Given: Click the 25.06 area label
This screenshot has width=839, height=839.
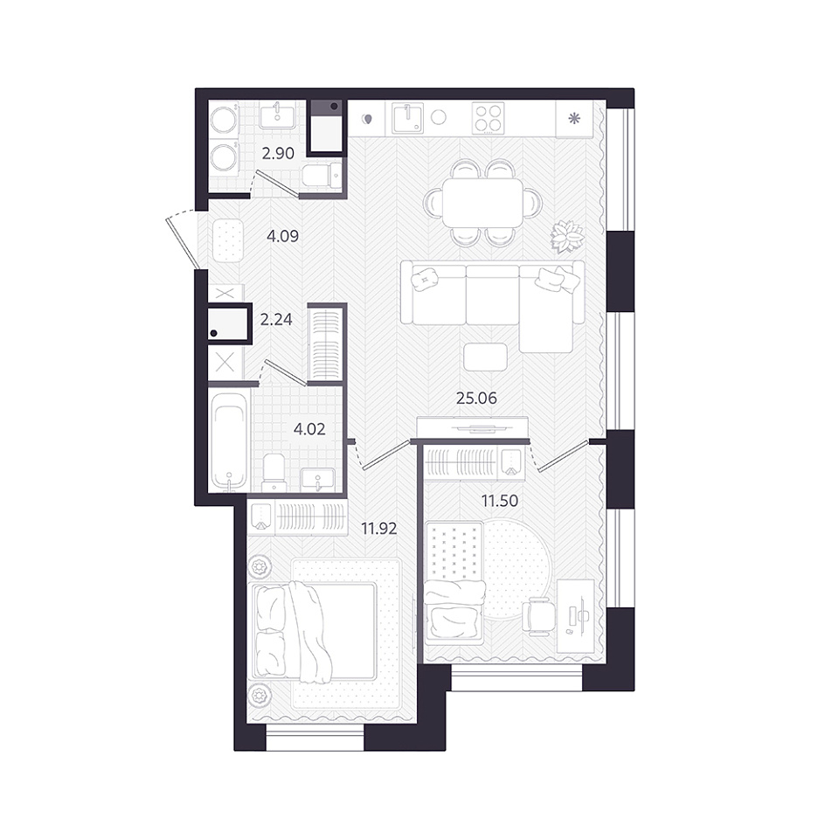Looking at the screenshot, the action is [x=476, y=399].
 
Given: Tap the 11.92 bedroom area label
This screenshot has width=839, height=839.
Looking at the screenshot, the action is [x=378, y=529].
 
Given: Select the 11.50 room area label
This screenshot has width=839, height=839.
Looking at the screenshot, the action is [x=500, y=501].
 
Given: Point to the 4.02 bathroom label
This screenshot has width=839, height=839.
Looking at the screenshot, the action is [x=309, y=428].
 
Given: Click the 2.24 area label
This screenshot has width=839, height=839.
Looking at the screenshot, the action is [x=276, y=320].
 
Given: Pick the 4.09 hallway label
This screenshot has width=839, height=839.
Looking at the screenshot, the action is [x=282, y=235].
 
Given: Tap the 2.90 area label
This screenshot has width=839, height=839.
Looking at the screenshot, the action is [x=278, y=153].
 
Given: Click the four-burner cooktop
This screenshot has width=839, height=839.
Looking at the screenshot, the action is [x=488, y=118].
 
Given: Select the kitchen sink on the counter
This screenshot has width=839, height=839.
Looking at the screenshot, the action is [x=407, y=118].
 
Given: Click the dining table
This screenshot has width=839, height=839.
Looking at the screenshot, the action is [x=482, y=203].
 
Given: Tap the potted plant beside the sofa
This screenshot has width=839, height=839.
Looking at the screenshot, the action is [x=567, y=237].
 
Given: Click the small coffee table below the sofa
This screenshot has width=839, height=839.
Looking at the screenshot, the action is [x=485, y=357].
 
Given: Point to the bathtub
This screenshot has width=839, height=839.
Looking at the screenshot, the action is [x=228, y=440].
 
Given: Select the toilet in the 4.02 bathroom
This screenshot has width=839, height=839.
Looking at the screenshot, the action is [x=275, y=472].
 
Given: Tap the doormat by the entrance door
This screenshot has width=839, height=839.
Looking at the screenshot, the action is [x=228, y=240].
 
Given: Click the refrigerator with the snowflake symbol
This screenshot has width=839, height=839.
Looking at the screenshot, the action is [x=574, y=118].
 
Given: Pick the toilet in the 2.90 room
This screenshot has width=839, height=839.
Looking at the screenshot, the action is [x=321, y=175].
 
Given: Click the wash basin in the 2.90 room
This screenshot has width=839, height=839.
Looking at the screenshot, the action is [x=277, y=116].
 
